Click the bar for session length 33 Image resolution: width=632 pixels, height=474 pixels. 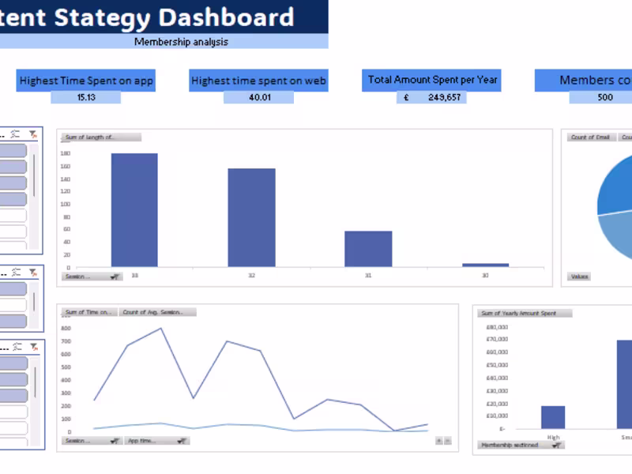click(134, 209)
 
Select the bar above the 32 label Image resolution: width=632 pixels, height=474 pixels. click(251, 217)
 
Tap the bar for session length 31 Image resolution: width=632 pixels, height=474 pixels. click(368, 248)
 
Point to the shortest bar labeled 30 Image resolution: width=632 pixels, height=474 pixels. click(485, 265)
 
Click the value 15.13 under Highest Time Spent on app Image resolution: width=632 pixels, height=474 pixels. click(86, 97)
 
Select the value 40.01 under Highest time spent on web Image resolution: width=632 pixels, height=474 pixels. click(259, 97)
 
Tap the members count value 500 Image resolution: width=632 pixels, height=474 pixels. click(604, 97)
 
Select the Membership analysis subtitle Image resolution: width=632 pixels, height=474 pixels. click(181, 42)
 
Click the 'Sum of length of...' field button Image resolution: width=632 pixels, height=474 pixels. click(100, 137)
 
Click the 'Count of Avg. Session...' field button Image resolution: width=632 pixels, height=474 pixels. click(157, 312)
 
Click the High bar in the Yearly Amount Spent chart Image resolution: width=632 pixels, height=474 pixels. click(553, 416)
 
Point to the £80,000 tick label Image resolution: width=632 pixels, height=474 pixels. click(496, 326)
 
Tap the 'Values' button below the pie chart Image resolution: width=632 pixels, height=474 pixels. click(580, 276)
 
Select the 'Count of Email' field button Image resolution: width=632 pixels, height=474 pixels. click(590, 137)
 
